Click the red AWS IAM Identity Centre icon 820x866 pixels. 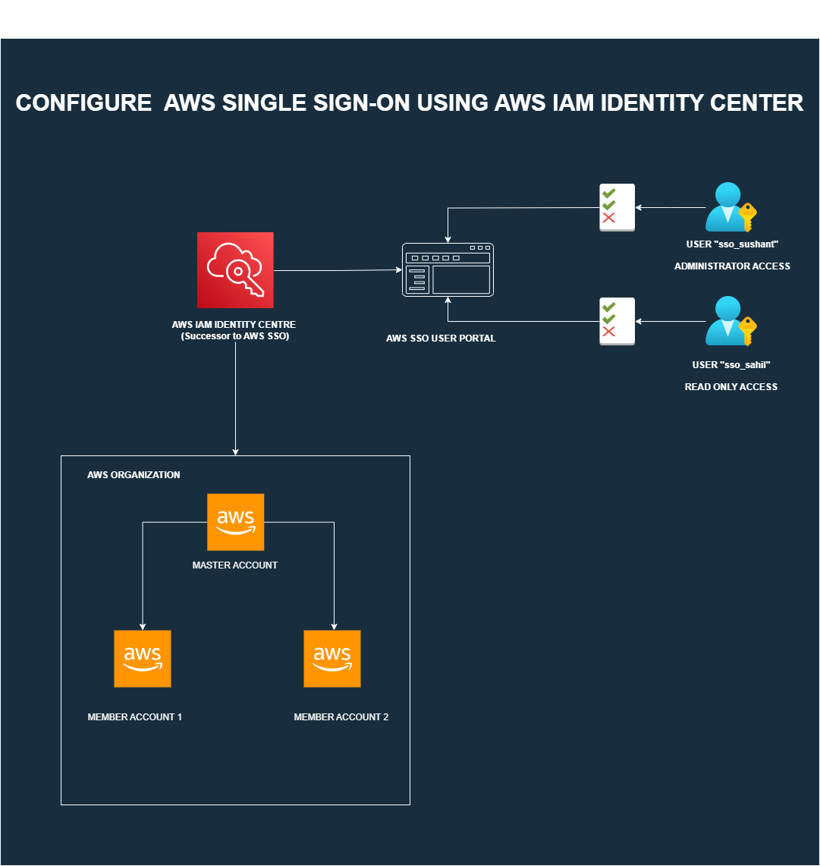point(235,269)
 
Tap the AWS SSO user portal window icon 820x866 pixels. point(448,269)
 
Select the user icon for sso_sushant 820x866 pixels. point(725,207)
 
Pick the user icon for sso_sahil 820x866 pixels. point(725,320)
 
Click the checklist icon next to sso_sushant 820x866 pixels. point(617,207)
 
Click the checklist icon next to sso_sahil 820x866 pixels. point(617,321)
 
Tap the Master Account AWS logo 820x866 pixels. point(235,522)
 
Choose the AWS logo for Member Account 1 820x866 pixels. point(143,658)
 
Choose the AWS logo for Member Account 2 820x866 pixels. point(332,658)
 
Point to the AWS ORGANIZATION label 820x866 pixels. point(134,475)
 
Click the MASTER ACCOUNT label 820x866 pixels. point(235,565)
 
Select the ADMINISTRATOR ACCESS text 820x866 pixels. point(732,266)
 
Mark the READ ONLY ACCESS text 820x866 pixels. point(731,387)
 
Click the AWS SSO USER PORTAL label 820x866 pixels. point(441,339)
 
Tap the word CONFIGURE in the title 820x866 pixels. point(83,103)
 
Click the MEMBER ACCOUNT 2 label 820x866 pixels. point(341,717)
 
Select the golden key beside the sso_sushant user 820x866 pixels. point(747,216)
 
